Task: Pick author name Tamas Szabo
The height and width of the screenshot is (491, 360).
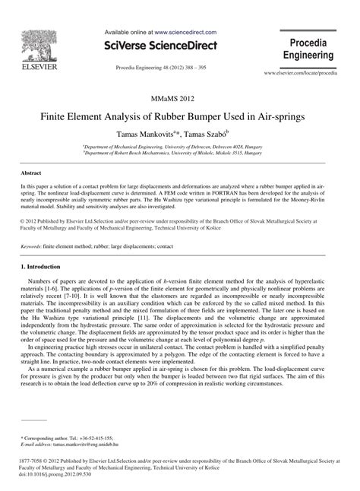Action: tap(216, 134)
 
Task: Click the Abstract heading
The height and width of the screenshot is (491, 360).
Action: tap(31, 173)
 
